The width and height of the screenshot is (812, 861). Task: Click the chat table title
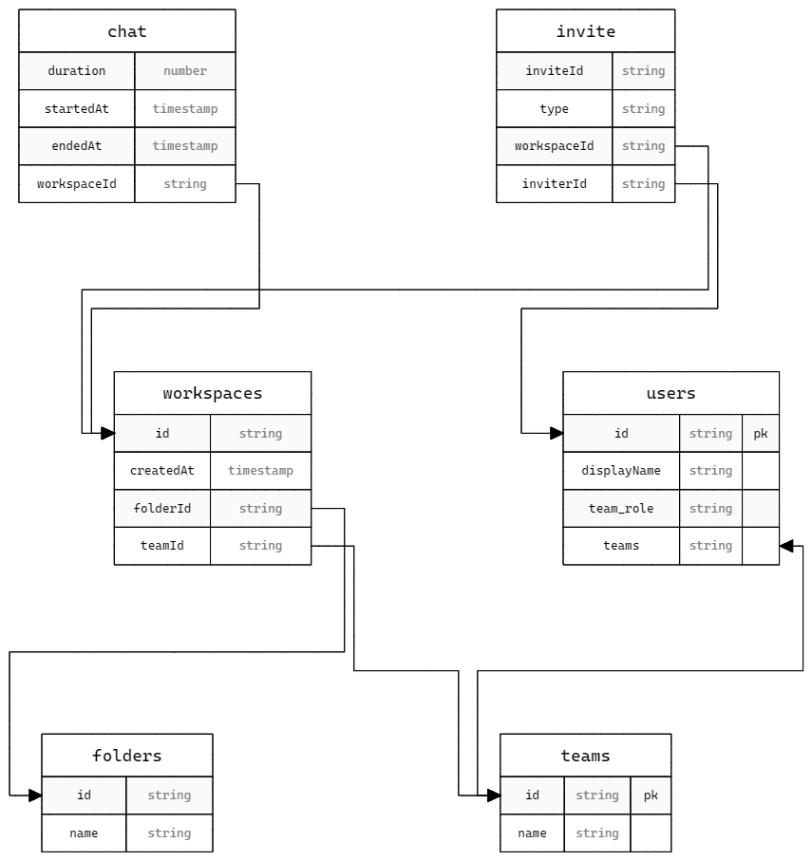[x=127, y=31]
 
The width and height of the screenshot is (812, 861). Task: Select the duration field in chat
[x=77, y=71]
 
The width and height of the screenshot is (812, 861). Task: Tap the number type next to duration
[x=185, y=71]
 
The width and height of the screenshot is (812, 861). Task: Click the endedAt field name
[x=77, y=146]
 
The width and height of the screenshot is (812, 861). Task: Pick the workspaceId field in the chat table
[x=77, y=184]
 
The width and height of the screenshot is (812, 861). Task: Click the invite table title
[x=586, y=31]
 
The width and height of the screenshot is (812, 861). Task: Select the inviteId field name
[x=555, y=71]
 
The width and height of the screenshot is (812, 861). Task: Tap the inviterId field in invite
[x=555, y=184]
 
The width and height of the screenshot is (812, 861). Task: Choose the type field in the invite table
[x=555, y=109]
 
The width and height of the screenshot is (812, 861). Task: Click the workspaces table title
[x=213, y=393]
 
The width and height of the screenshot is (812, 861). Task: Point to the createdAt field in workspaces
[x=162, y=471]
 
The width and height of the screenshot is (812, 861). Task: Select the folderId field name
[x=162, y=509]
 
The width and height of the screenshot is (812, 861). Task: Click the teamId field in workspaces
[x=162, y=546]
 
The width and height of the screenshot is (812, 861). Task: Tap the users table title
[x=671, y=393]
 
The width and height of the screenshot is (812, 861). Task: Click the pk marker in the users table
[x=761, y=434]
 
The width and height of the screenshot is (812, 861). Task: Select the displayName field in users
[x=621, y=471]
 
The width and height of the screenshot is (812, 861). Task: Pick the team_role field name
[x=621, y=509]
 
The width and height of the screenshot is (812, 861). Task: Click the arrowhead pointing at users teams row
[x=786, y=546]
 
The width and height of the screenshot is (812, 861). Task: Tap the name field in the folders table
[x=84, y=833]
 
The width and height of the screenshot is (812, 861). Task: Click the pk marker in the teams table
[x=651, y=795]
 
